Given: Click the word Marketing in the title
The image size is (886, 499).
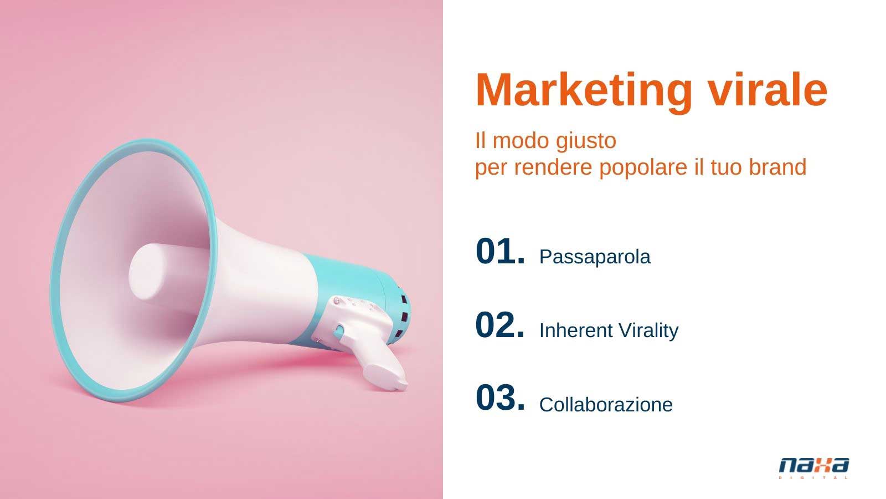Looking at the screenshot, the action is [x=584, y=91].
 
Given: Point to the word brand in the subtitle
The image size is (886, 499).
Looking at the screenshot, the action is [x=777, y=167].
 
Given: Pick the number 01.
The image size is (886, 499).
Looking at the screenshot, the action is [x=501, y=251].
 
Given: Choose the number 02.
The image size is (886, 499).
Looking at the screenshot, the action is [x=500, y=325].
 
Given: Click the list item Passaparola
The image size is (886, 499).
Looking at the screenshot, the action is [x=595, y=257].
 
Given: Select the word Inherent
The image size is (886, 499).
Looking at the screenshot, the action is [x=576, y=330].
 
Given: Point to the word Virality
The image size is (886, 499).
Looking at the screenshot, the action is [x=648, y=331].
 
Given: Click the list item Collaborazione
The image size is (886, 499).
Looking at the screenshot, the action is [x=606, y=405].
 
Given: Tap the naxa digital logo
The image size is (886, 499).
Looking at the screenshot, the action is [x=814, y=468].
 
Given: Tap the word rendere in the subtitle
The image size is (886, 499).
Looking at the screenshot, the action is [x=553, y=167].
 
